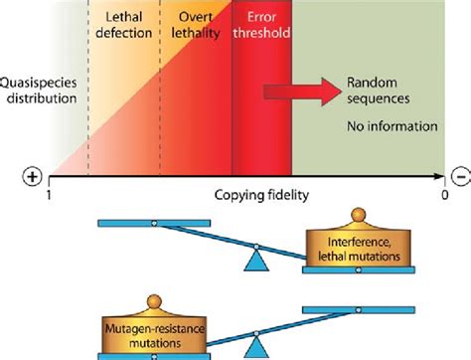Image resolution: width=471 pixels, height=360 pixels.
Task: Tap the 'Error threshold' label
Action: click(x=260, y=25)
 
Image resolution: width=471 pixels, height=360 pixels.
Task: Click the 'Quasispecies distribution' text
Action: click(x=40, y=90)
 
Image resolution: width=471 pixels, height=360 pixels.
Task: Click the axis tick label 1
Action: click(x=48, y=197)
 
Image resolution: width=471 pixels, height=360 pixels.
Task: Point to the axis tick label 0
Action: click(x=443, y=197)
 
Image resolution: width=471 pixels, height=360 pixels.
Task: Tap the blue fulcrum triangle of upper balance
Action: click(x=256, y=258)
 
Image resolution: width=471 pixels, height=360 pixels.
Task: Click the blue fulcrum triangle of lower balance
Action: click(x=256, y=347)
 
